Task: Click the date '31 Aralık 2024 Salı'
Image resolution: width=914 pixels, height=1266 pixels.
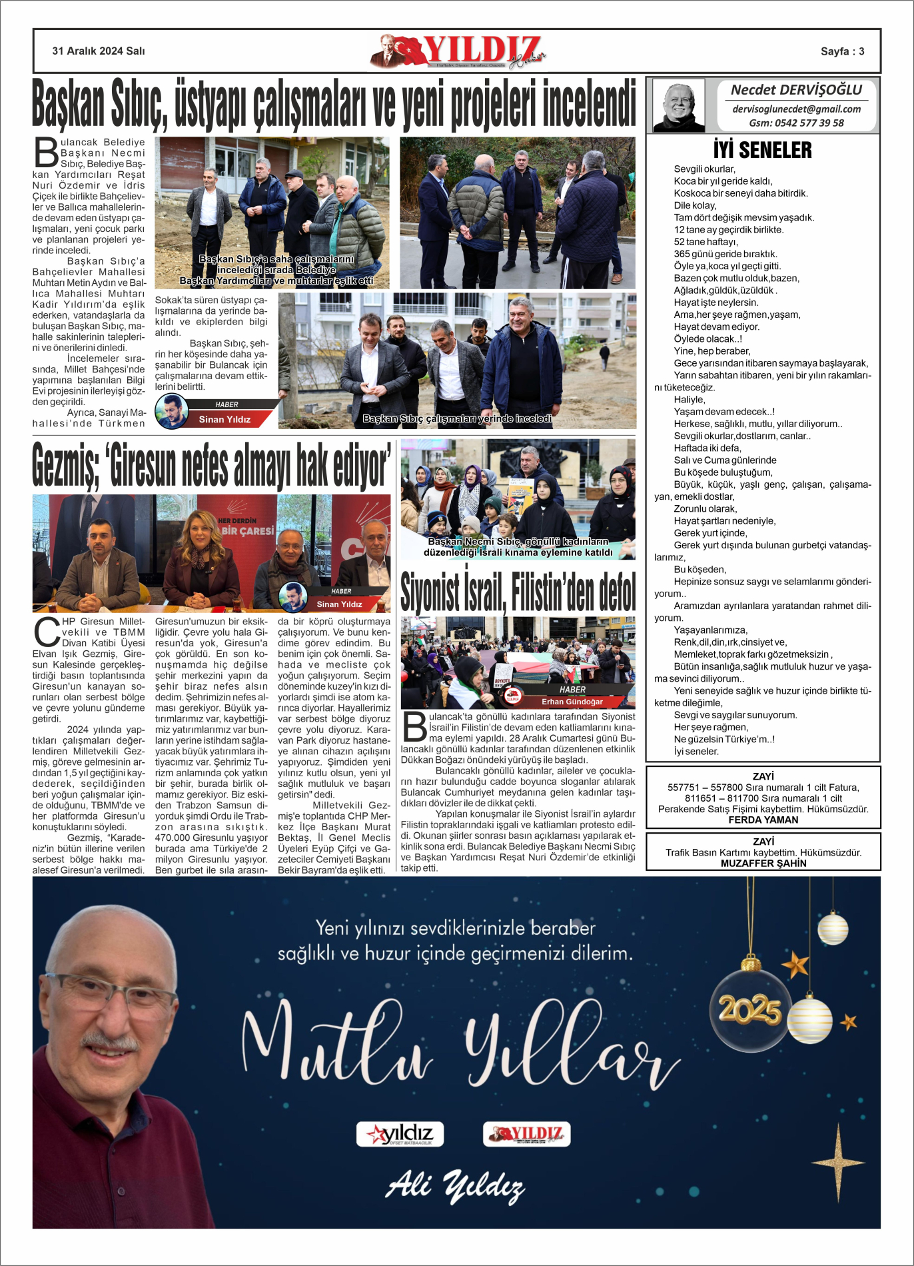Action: point(99,51)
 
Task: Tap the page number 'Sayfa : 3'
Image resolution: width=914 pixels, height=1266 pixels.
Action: point(842,51)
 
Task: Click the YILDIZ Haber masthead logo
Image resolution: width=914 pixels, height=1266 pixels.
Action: point(458,51)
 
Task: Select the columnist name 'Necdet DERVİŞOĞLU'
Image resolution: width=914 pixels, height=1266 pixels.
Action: point(796,90)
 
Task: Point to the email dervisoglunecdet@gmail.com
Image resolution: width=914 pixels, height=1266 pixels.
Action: point(796,109)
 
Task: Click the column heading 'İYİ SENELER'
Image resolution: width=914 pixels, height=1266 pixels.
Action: point(762,150)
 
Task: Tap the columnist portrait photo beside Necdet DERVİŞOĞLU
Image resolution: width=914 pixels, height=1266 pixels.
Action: point(678,105)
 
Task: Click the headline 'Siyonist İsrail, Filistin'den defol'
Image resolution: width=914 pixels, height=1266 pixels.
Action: point(518,591)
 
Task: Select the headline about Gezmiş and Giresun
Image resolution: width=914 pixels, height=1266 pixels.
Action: point(211,465)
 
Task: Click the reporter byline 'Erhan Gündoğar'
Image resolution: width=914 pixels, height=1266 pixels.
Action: point(572,702)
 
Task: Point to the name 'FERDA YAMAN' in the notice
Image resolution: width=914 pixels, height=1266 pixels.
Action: point(763,820)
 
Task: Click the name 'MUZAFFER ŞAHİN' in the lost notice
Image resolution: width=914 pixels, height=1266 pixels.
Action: point(763,863)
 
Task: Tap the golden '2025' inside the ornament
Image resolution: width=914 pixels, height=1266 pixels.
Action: point(749,1010)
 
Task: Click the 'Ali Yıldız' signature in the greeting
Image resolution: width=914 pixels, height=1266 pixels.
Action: point(456,1187)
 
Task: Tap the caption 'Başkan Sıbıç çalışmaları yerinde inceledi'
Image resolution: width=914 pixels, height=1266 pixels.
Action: point(457,418)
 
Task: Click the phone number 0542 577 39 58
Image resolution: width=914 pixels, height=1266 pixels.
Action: point(796,123)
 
